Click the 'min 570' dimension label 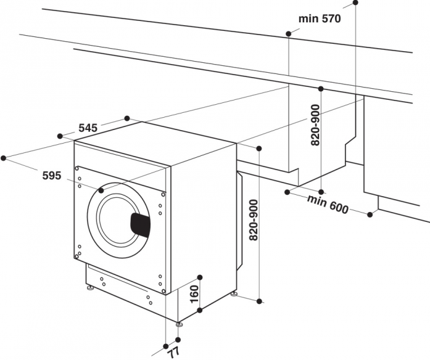click(320, 18)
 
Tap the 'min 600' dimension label click(328, 204)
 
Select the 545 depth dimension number click(88, 128)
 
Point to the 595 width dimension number click(52, 175)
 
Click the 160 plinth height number click(194, 294)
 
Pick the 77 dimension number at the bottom click(173, 352)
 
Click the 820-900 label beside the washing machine click(254, 220)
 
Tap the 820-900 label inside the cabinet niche click(315, 125)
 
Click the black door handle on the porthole click(141, 224)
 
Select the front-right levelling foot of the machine click(179, 324)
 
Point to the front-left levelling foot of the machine click(89, 288)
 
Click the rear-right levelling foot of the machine click(234, 294)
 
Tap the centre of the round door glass click(118, 219)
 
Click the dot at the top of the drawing click(355, 2)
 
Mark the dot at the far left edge click(3, 158)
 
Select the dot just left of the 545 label click(60, 136)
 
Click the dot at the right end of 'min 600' click(370, 215)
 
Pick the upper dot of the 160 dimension click(200, 277)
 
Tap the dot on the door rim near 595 click(101, 190)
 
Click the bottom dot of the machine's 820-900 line click(259, 301)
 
